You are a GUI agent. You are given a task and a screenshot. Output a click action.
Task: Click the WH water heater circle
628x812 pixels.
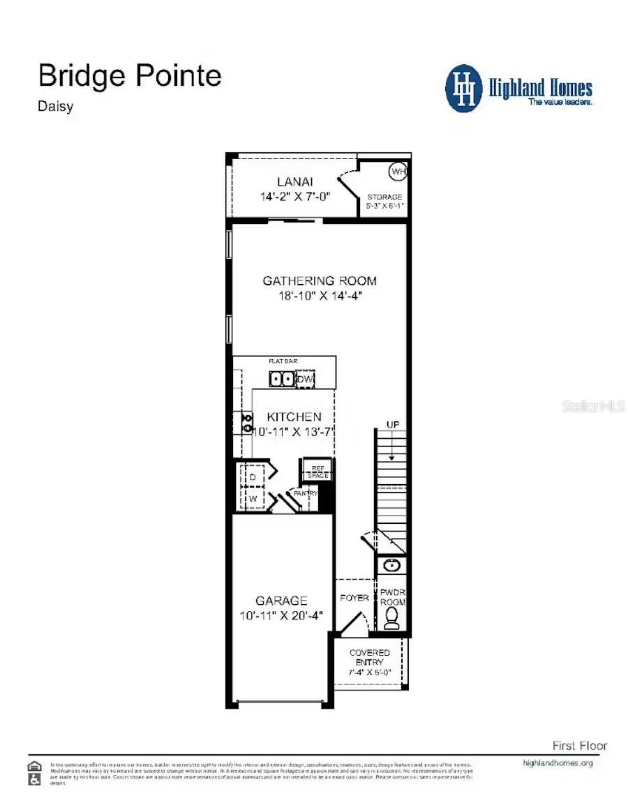click(x=398, y=171)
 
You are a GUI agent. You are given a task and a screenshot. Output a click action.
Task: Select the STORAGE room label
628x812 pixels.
click(x=384, y=197)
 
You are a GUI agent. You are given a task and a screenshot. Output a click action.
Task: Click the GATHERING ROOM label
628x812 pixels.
click(x=320, y=281)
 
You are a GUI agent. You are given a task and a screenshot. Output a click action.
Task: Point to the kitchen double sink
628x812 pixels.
click(x=283, y=379)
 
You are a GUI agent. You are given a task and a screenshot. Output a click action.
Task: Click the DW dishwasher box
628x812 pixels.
click(x=306, y=379)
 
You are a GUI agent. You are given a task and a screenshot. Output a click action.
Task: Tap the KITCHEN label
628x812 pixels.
click(x=294, y=417)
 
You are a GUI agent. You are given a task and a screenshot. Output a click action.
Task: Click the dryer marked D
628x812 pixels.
click(x=253, y=476)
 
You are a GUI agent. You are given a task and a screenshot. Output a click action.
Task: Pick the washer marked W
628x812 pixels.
click(x=253, y=499)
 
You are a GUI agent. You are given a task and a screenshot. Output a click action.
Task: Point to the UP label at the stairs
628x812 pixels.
click(x=393, y=425)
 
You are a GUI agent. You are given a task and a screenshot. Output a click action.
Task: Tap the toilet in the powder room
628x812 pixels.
click(x=392, y=618)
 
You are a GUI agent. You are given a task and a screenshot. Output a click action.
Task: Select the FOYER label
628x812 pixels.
click(x=354, y=598)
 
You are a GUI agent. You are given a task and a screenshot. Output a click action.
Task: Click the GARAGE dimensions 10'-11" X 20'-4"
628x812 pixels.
click(x=281, y=615)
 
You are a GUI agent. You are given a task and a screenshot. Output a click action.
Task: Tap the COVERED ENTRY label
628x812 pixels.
click(x=370, y=657)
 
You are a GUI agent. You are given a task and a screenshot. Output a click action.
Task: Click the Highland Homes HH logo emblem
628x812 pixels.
click(x=463, y=89)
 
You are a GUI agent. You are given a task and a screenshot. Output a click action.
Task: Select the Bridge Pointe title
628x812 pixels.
click(x=130, y=75)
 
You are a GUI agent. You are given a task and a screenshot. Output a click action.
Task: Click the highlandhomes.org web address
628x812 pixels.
click(x=558, y=762)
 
